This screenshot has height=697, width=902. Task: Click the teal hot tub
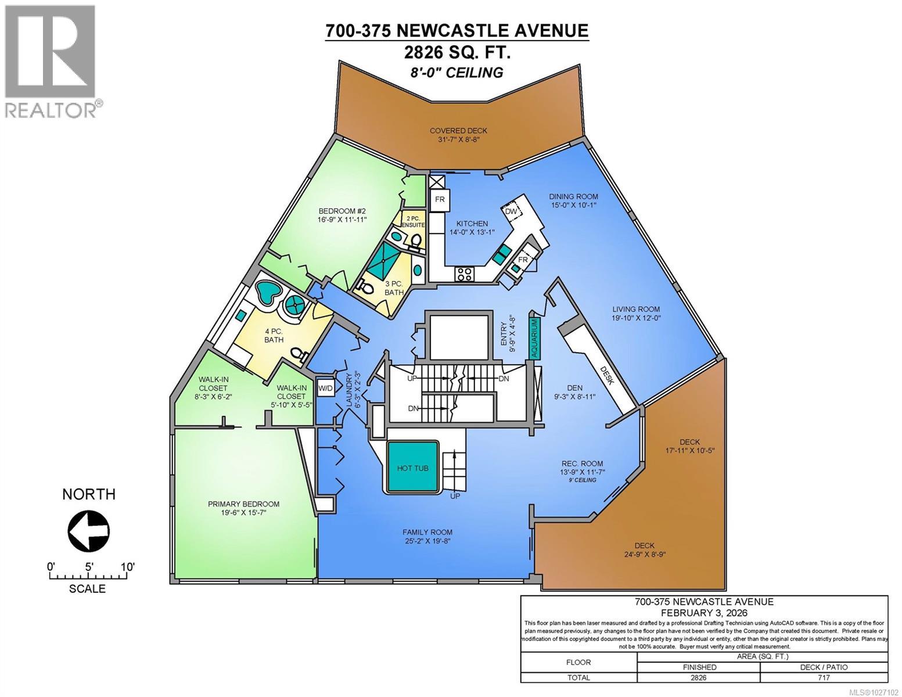pyautogui.click(x=413, y=468)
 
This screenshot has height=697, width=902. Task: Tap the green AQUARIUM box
pyautogui.click(x=534, y=337)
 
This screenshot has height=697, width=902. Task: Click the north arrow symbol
pyautogui.click(x=88, y=530)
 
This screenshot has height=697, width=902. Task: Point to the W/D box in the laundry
pyautogui.click(x=325, y=387)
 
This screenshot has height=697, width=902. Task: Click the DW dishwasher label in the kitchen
pyautogui.click(x=512, y=211)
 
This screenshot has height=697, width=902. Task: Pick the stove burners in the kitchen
pyautogui.click(x=465, y=273)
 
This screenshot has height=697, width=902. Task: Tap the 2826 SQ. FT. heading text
pyautogui.click(x=457, y=52)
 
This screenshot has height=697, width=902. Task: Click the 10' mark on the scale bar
pyautogui.click(x=127, y=567)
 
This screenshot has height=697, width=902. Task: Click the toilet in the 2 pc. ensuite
pyautogui.click(x=416, y=240)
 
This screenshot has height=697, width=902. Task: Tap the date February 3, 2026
pyautogui.click(x=703, y=613)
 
